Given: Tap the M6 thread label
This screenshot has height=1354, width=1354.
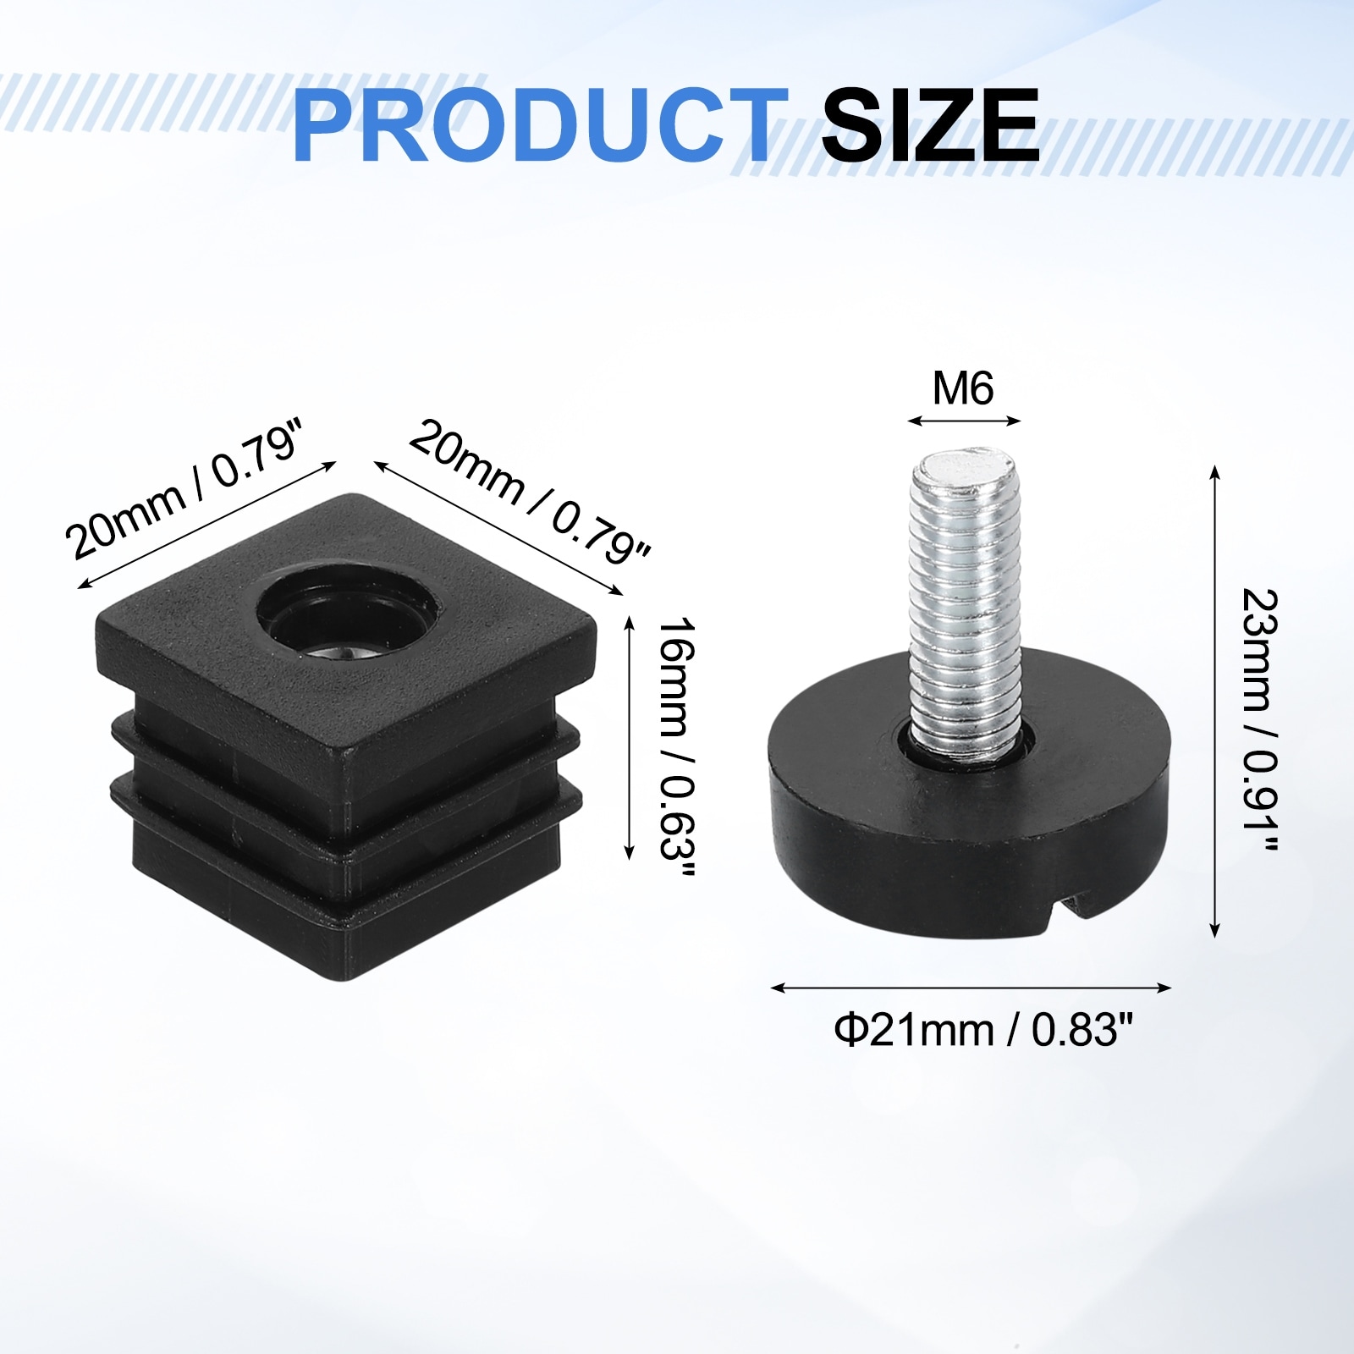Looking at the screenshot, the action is [x=963, y=388].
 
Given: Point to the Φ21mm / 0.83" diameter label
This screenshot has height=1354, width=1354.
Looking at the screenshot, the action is [x=983, y=1030].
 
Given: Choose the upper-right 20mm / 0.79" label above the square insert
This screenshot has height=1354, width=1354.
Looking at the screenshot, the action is [x=530, y=492].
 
